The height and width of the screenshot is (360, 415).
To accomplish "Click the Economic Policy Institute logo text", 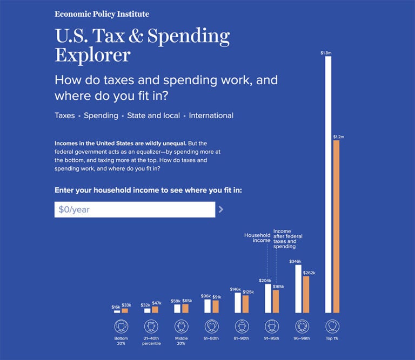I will click(x=102, y=14).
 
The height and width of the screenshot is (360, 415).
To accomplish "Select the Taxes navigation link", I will click(x=65, y=116).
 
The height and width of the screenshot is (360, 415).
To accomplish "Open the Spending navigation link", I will click(x=101, y=116).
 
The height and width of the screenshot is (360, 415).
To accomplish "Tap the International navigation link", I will click(x=211, y=116).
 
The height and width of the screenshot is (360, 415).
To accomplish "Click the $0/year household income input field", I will click(x=135, y=209).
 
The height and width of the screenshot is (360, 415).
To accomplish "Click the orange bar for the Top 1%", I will click(x=336, y=227).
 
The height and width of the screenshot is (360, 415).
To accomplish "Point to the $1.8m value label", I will click(x=326, y=53).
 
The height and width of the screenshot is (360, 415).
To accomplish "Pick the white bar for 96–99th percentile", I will click(x=298, y=289).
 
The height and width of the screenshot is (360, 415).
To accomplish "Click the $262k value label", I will click(x=309, y=273).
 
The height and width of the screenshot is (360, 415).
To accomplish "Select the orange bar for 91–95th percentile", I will click(x=276, y=301).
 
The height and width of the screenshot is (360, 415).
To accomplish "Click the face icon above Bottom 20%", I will click(x=121, y=327).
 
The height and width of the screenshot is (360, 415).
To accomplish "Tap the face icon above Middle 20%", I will click(x=182, y=327).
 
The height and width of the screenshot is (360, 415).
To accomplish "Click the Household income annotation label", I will click(x=257, y=237).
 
